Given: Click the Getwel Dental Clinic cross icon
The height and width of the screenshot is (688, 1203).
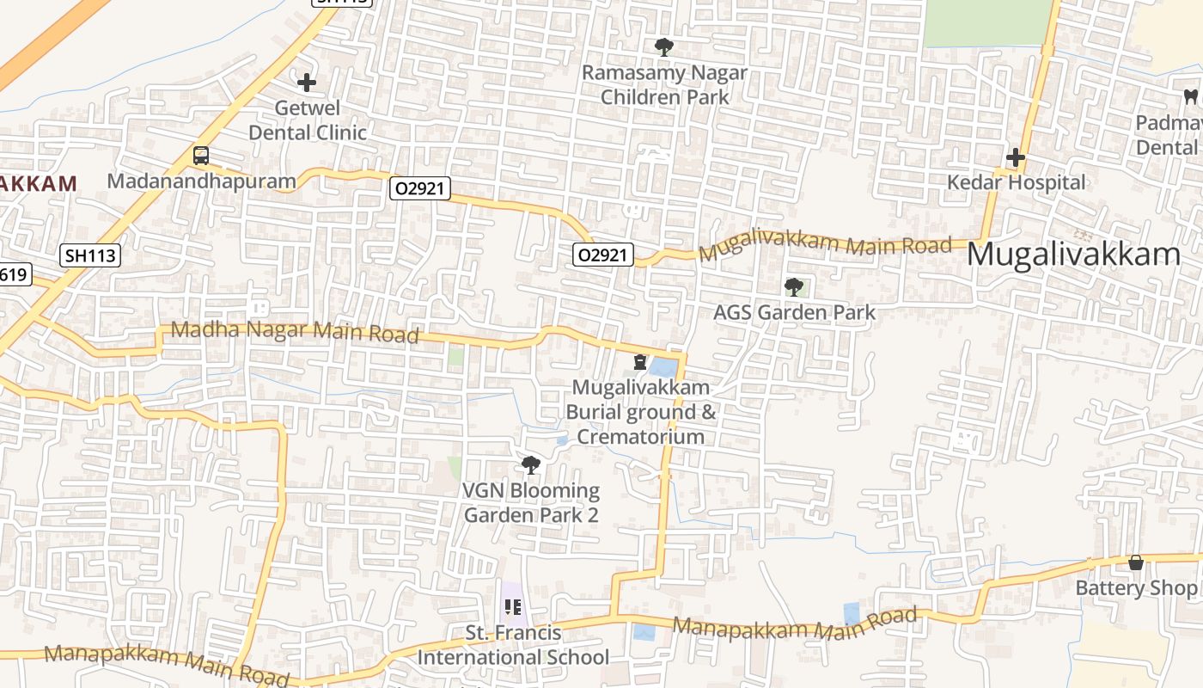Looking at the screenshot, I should coord(307,83).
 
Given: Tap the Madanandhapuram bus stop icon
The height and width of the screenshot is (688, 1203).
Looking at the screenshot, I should coord(200,156).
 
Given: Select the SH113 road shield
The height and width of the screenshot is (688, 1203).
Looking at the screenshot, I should coord(89,255).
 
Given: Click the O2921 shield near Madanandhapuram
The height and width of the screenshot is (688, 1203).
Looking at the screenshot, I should coord(420,188).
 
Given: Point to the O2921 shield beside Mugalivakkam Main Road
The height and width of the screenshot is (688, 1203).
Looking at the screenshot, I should coord(604,254).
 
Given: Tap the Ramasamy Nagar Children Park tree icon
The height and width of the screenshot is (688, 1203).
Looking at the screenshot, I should coord(663,46).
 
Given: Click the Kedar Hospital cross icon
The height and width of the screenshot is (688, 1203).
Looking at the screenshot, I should coord(1016,157).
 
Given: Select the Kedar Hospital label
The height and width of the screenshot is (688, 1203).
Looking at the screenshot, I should coord(1016,182).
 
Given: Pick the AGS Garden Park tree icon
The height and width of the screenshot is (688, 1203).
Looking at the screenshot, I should coord(794,287).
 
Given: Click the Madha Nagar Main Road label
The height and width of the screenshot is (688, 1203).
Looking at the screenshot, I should coord(295,330).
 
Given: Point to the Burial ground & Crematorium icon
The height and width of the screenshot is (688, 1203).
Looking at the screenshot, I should coord(640,362).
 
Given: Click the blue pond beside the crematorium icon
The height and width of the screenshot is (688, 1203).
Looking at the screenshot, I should coord(662,367).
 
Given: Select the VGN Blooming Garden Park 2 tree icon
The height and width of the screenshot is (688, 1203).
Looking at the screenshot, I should coord(531,465).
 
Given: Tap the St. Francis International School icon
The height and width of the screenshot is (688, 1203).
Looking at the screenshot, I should coord(513,607).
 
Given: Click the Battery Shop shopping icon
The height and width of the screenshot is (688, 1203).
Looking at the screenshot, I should coord(1136,562).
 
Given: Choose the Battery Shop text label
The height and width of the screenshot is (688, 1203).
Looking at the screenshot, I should coord(1136,588).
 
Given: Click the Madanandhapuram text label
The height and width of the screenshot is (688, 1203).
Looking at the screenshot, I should coord(201,181).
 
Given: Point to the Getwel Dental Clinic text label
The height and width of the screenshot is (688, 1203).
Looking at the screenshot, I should coord(308,120).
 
